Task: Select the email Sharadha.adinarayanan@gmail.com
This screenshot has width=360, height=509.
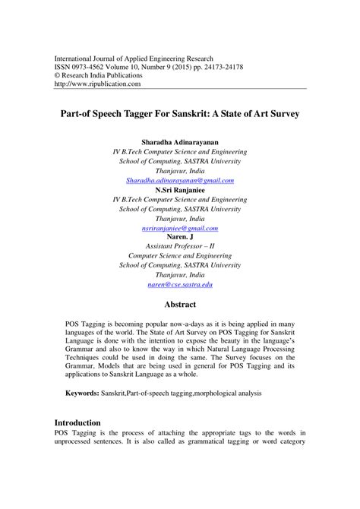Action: [x=180, y=180]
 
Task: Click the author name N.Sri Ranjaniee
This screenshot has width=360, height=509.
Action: [x=180, y=190]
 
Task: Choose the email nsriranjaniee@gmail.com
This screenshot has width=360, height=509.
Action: [x=180, y=229]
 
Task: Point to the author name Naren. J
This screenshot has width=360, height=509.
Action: [x=180, y=237]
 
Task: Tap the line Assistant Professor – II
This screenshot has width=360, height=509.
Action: [x=180, y=247]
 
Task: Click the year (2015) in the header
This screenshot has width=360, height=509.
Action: [x=178, y=66]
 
